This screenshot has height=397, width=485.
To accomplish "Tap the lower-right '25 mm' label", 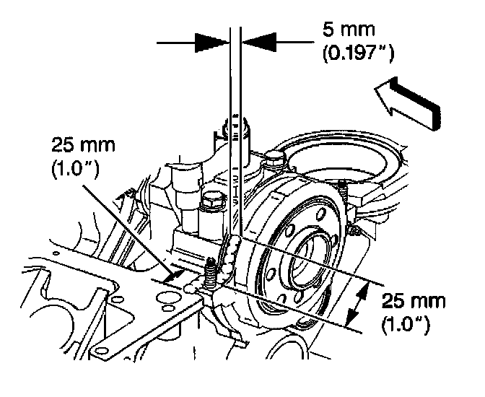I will [405, 299].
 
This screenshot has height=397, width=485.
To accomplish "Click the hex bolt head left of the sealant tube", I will [212, 201].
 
